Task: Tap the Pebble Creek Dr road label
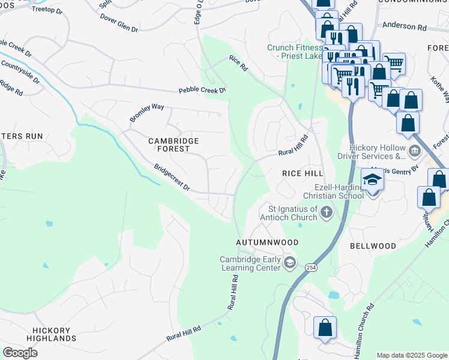point(202,91)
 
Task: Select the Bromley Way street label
point(147,112)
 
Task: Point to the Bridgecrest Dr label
point(172,178)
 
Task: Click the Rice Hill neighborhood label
point(303,173)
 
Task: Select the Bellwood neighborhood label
point(373,246)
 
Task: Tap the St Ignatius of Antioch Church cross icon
point(326,211)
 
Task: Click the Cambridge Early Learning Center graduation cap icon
point(290,262)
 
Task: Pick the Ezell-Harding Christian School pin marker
point(372,180)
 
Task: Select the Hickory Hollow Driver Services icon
point(415,150)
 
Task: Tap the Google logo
point(20,352)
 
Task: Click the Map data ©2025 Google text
point(411,355)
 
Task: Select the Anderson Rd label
point(404,26)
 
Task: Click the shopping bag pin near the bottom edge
point(325,328)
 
